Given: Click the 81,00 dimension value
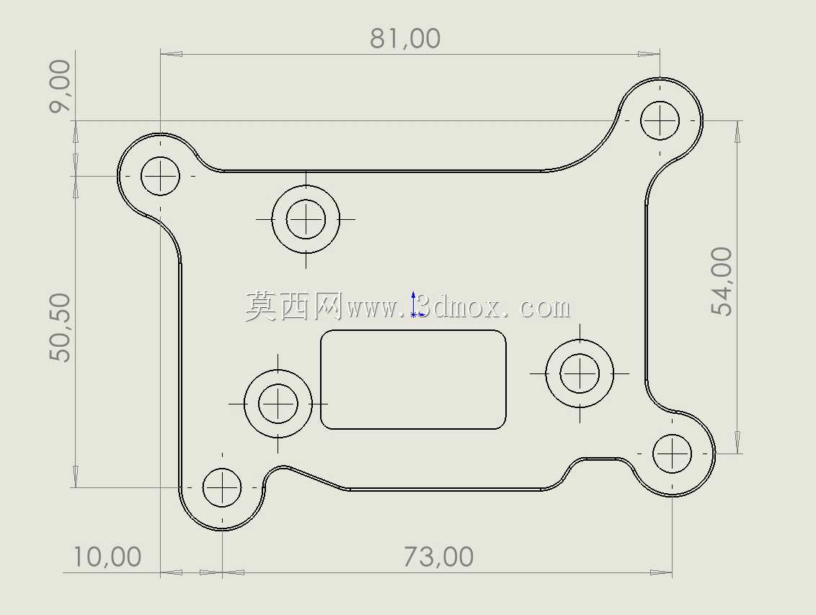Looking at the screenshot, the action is pyautogui.click(x=405, y=38).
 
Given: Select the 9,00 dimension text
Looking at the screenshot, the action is pyautogui.click(x=60, y=86).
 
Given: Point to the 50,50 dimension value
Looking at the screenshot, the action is pyautogui.click(x=60, y=327).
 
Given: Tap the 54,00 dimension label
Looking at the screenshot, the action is pyautogui.click(x=722, y=281).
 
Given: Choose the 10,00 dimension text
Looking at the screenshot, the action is pyautogui.click(x=107, y=557).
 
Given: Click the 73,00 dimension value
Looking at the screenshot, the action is pyautogui.click(x=438, y=557).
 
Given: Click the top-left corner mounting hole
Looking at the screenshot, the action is pyautogui.click(x=160, y=176).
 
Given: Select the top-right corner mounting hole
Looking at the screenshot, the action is pyautogui.click(x=660, y=120).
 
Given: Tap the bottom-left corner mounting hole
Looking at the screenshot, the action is pyautogui.click(x=222, y=487).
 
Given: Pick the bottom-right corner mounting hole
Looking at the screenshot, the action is pyautogui.click(x=672, y=453).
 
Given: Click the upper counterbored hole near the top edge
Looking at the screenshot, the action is pyautogui.click(x=306, y=219).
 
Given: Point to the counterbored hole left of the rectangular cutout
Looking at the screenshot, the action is pyautogui.click(x=278, y=404).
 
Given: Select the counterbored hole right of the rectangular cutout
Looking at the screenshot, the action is pyautogui.click(x=580, y=373).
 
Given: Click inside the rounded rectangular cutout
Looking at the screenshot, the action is pyautogui.click(x=413, y=379).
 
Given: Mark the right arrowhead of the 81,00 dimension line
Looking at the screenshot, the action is pyautogui.click(x=649, y=53).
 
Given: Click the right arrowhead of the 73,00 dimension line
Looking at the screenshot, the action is pyautogui.click(x=661, y=573).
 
